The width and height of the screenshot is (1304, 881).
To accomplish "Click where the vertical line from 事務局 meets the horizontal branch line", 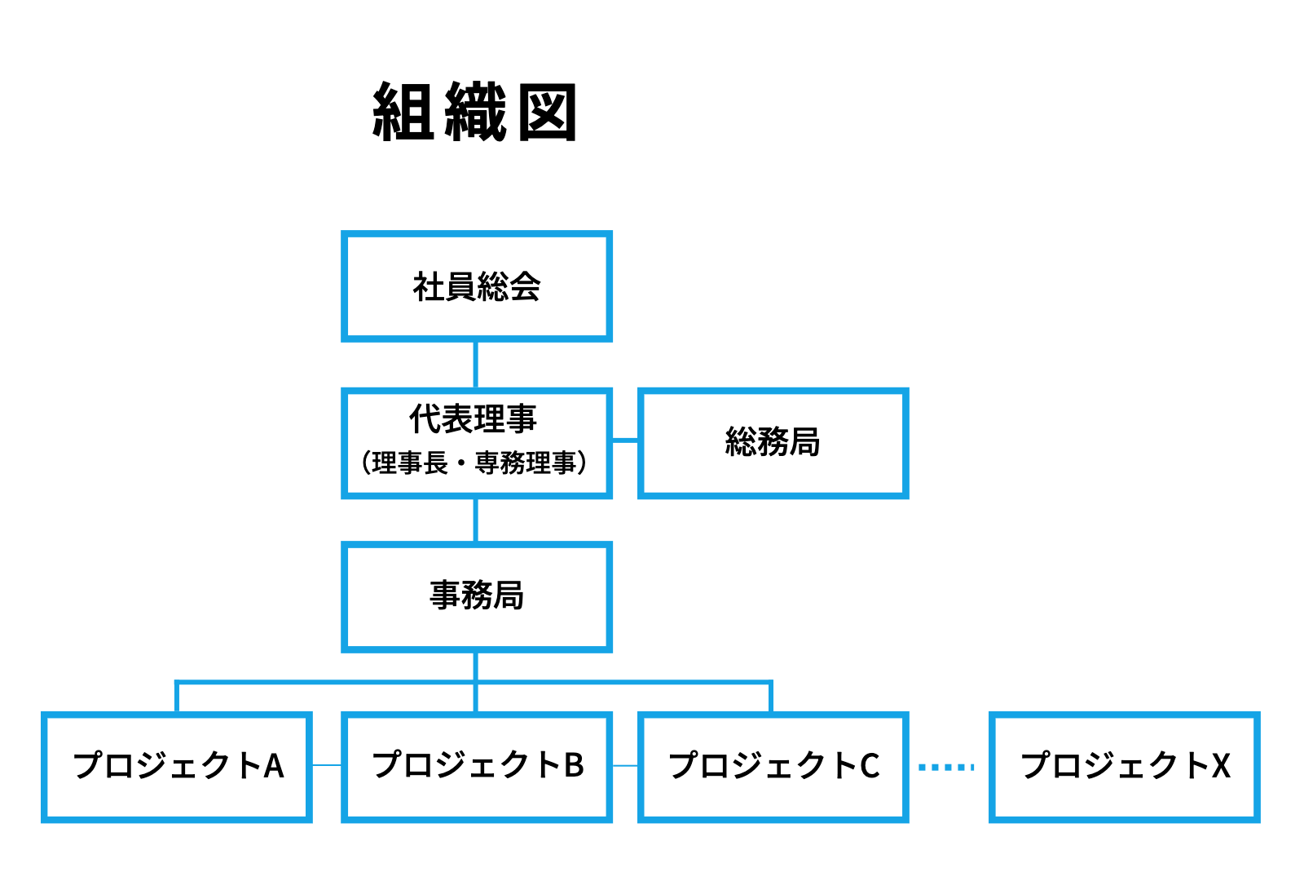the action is (x=476, y=681).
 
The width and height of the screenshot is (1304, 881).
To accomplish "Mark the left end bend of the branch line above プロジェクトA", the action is (x=176, y=681).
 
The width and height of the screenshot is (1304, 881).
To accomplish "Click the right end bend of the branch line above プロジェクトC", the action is (x=771, y=681).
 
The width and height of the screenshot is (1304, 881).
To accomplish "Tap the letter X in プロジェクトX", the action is (x=1221, y=766).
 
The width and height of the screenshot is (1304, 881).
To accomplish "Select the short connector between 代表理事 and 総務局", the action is (x=625, y=440).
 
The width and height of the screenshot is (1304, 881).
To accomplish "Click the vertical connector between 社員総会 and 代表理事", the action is (x=476, y=365).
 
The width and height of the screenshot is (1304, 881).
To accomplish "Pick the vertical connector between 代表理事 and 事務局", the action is (x=476, y=520).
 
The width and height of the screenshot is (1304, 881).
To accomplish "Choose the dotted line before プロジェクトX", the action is (x=946, y=768).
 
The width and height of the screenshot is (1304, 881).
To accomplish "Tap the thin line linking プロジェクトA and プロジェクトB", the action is (x=327, y=765).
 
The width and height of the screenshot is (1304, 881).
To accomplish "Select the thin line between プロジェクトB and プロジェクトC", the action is (x=625, y=766).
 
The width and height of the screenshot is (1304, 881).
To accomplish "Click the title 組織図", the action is (x=474, y=111).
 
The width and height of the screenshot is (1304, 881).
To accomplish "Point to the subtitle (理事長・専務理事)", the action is (x=474, y=463).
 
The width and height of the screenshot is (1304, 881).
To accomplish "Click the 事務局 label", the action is (x=477, y=595).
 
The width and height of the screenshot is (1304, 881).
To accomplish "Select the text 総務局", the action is (x=773, y=441).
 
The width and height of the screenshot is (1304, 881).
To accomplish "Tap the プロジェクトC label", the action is (x=774, y=766).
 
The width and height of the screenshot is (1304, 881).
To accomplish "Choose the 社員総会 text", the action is (x=477, y=286).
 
